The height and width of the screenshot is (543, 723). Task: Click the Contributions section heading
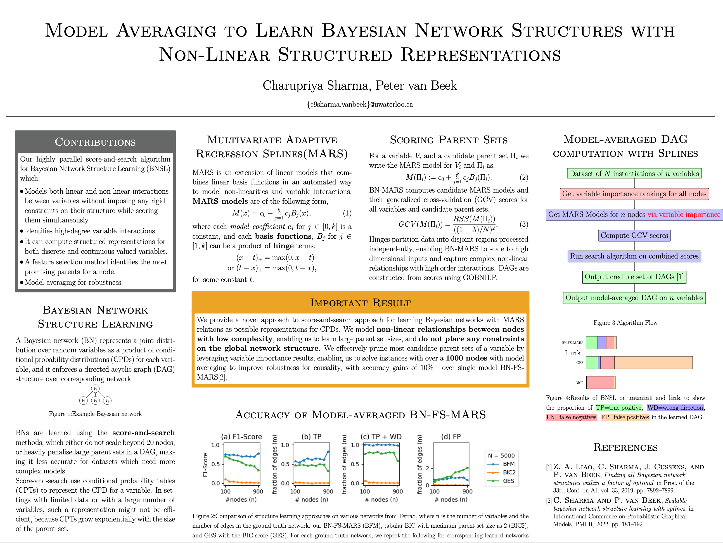click(x=95, y=142)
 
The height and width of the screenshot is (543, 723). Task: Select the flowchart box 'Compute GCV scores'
click(x=634, y=235)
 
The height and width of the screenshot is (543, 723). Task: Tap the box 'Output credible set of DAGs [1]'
click(x=634, y=277)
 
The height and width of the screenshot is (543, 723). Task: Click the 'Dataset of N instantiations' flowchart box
click(x=634, y=174)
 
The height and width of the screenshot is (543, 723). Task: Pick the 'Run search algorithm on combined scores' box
click(x=634, y=256)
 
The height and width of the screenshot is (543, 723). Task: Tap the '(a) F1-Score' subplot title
click(x=241, y=437)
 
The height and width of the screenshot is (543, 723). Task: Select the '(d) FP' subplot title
click(x=451, y=437)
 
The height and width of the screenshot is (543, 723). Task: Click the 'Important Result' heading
click(x=360, y=303)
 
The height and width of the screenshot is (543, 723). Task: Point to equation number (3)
click(x=524, y=224)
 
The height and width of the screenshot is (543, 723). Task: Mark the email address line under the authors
click(x=360, y=105)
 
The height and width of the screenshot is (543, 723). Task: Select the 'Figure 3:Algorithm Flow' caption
click(x=625, y=323)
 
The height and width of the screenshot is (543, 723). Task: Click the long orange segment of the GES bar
click(x=653, y=362)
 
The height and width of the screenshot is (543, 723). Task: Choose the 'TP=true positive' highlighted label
click(x=618, y=408)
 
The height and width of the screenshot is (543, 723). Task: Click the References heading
click(x=625, y=447)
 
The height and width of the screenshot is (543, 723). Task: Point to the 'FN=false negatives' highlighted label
click(x=571, y=418)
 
